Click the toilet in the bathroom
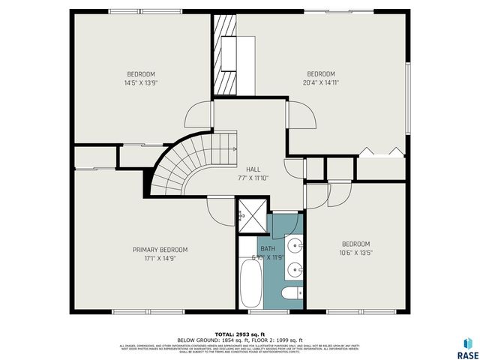click(x=289, y=293)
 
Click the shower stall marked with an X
click(x=251, y=214)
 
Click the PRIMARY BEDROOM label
click(x=160, y=250)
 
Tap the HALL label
click(x=253, y=170)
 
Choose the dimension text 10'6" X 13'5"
click(x=355, y=252)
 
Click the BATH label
click(x=268, y=249)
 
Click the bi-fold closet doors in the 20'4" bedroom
click(x=382, y=152)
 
